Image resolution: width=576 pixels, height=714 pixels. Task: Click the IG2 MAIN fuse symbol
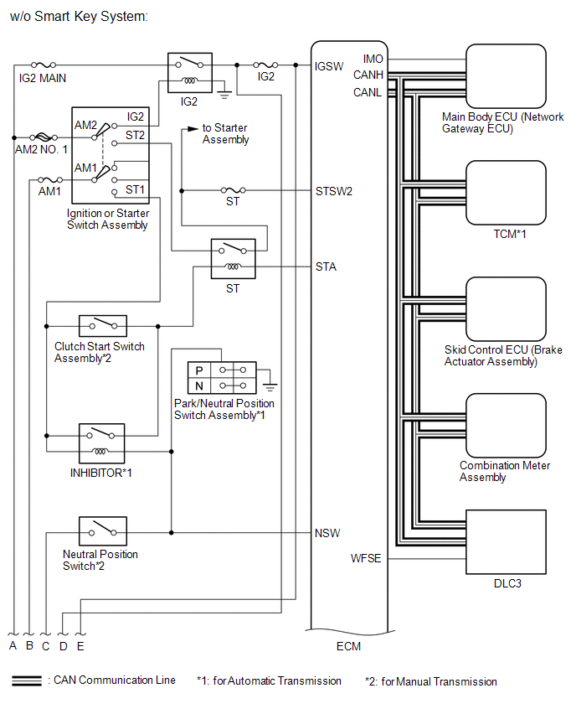44,65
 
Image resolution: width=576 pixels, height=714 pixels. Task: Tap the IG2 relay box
188,73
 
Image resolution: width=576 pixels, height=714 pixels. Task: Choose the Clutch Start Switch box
102,325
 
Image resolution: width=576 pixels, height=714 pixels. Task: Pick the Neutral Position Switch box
102,531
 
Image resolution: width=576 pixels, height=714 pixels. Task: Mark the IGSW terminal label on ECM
329,65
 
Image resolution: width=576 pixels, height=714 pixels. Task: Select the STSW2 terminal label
334,191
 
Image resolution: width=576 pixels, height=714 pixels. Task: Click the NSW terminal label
327,532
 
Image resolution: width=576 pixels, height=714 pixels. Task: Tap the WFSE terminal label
366,558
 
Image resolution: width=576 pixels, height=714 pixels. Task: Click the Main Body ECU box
506,75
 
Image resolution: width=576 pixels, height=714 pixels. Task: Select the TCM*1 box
506,192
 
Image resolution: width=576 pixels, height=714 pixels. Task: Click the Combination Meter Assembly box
506,425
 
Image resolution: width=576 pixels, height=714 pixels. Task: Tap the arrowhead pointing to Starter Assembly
193,128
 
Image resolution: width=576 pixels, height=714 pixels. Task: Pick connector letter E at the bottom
80,646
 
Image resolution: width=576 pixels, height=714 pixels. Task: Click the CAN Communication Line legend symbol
27,680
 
